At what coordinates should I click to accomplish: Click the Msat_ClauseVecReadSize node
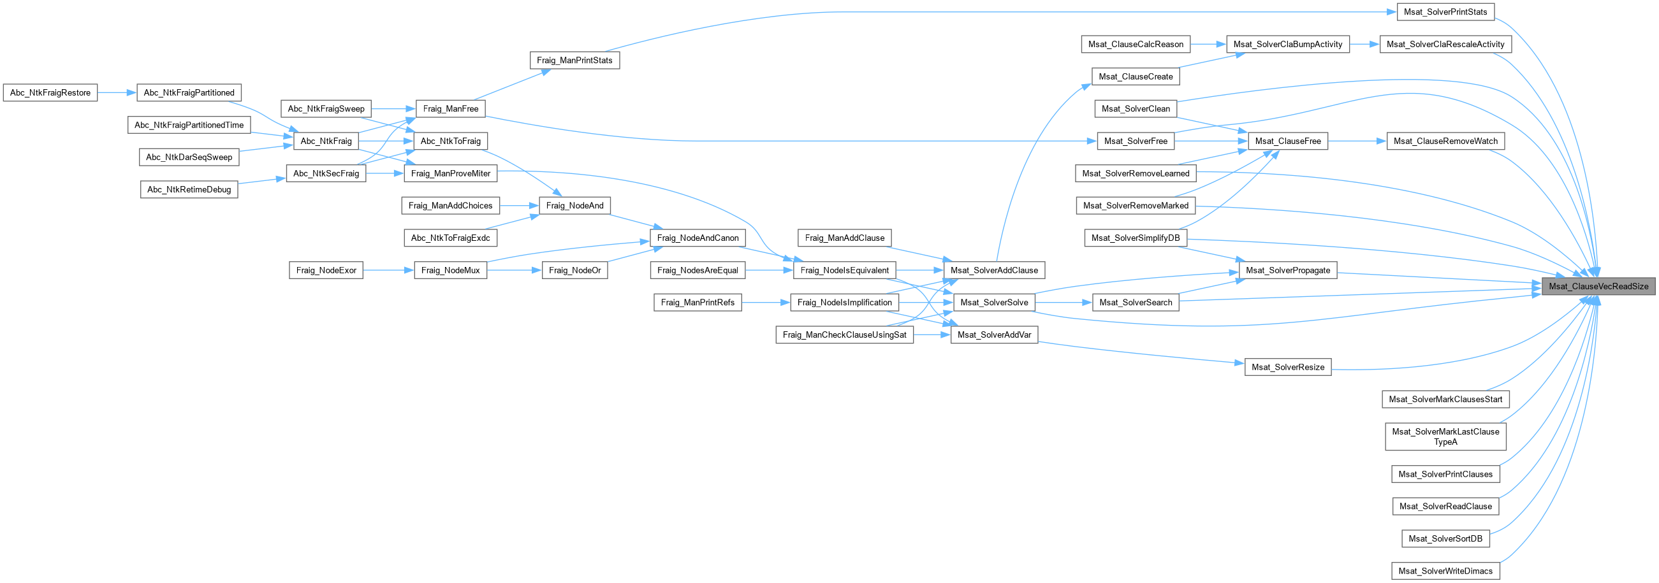(x=1598, y=286)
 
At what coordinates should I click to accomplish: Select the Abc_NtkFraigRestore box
(x=50, y=92)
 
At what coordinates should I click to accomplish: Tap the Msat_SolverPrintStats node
(x=1445, y=12)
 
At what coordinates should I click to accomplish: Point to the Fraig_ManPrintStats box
(x=574, y=61)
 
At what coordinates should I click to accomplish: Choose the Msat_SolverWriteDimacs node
(x=1445, y=571)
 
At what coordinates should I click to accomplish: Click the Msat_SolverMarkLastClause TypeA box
(x=1445, y=436)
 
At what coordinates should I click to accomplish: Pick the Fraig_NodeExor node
(x=326, y=270)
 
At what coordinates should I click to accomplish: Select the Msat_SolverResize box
(x=1287, y=367)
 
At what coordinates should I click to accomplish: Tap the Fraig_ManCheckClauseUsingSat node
(x=844, y=335)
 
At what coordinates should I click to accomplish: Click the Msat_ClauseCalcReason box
(x=1136, y=45)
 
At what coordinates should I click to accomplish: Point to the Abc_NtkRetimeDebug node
(x=189, y=189)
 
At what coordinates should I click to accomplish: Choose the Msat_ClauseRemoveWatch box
(x=1445, y=141)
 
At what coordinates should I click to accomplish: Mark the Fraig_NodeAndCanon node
(x=698, y=238)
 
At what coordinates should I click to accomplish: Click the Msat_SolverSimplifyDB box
(x=1136, y=238)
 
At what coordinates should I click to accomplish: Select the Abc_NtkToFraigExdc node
(x=450, y=238)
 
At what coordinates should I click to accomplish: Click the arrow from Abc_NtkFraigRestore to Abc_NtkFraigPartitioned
(x=117, y=92)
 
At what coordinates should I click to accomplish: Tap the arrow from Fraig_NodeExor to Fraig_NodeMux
(x=388, y=270)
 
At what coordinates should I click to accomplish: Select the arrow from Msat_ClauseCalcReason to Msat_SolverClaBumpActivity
(x=1208, y=45)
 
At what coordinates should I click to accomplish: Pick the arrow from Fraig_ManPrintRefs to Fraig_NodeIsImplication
(x=766, y=303)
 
